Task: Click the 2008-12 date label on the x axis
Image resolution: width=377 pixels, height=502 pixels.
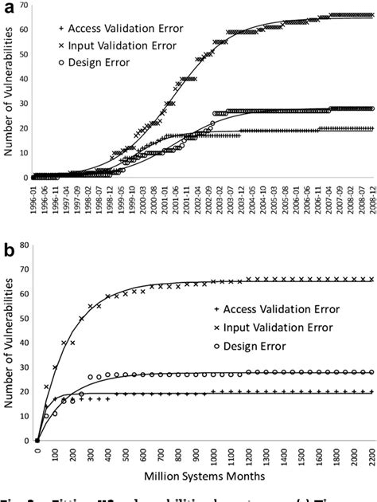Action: [x=370, y=199]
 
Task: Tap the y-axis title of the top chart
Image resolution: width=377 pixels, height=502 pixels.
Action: [x=8, y=92]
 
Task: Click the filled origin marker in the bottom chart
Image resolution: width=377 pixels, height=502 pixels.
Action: [x=37, y=440]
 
